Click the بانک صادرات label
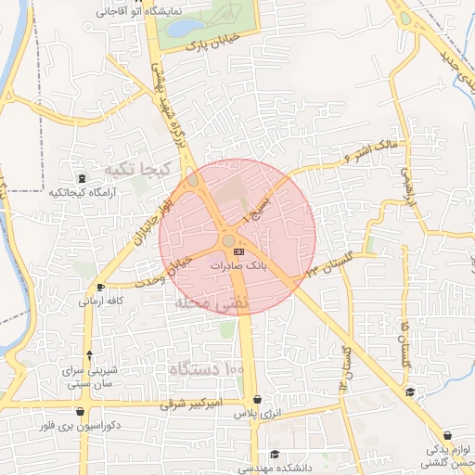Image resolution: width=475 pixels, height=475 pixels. pos(238,265)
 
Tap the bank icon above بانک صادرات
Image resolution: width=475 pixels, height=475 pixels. pos(238,250)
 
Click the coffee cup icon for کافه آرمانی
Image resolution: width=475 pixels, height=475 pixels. pos(101,287)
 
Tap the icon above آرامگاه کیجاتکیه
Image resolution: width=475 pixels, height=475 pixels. pos(83,177)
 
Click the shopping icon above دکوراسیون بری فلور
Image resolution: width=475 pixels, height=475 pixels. pos(81,412)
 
